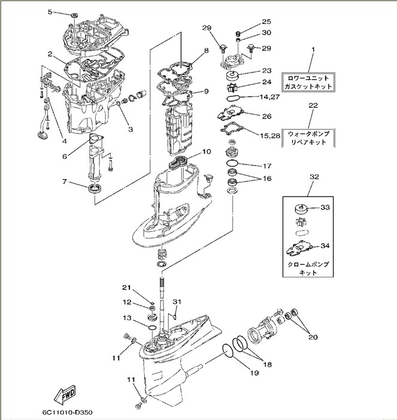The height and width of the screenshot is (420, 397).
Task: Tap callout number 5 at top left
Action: (x=50, y=12)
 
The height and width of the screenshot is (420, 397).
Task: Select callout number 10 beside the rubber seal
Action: (x=206, y=152)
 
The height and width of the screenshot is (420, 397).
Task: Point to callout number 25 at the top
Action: (x=266, y=22)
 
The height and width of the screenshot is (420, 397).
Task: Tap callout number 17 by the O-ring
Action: (x=266, y=165)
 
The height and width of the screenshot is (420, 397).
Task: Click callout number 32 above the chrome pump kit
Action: (x=313, y=178)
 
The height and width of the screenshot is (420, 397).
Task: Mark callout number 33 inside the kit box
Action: (x=325, y=208)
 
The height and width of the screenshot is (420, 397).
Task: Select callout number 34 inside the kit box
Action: (x=325, y=246)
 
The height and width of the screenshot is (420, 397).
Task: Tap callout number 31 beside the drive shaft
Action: (x=177, y=301)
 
